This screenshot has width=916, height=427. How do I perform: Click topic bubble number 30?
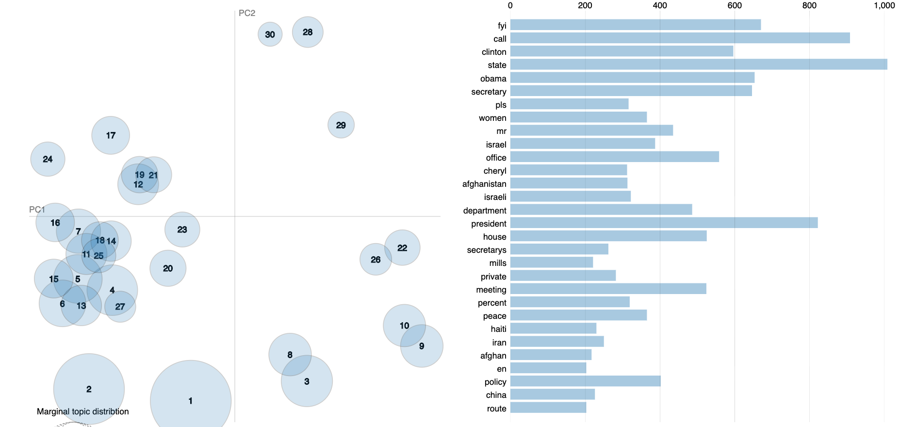[270, 34]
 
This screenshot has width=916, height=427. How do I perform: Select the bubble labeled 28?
[308, 32]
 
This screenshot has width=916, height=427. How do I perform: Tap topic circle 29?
[341, 125]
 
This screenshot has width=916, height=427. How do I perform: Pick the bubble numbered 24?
[48, 159]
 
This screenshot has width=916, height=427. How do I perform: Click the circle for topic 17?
[111, 135]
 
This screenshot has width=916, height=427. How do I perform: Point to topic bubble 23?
[182, 230]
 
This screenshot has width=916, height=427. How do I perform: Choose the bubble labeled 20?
[168, 268]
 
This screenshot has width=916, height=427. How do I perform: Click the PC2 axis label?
[247, 13]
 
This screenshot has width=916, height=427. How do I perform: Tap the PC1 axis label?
[37, 210]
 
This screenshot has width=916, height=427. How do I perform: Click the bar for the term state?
[699, 65]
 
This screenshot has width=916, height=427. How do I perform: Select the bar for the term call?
[680, 38]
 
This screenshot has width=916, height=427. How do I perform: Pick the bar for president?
[664, 223]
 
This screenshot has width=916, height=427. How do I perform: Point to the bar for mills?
[552, 263]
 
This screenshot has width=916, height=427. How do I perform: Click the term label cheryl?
[495, 171]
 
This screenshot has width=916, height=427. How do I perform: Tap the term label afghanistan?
[484, 184]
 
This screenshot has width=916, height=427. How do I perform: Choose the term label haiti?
[498, 329]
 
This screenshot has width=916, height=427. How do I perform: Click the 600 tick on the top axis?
[734, 5]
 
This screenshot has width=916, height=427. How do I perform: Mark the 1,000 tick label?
[884, 5]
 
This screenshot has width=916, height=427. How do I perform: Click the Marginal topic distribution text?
[83, 411]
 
